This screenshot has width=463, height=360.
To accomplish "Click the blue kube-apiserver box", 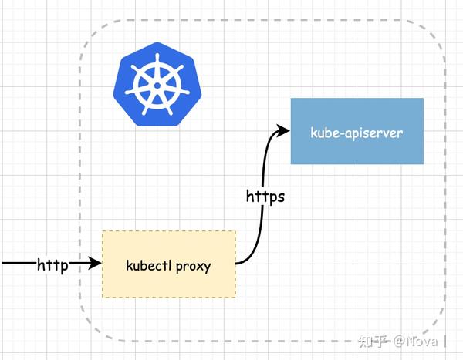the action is [x=357, y=131].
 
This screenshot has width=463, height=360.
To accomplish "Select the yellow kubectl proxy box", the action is [x=169, y=264].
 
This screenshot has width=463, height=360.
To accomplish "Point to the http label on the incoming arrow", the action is [x=53, y=265].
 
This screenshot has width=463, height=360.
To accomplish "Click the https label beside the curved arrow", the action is [x=265, y=197].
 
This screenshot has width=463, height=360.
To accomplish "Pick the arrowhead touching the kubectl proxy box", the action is [x=96, y=264].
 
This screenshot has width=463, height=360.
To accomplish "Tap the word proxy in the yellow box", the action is [x=193, y=267].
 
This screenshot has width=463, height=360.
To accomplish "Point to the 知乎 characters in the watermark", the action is [x=373, y=340].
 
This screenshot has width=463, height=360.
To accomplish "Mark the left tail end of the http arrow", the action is [x=4, y=264].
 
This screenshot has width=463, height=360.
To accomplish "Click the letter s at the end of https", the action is [x=280, y=197].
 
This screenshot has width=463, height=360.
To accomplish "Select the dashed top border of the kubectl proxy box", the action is [x=169, y=230].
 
